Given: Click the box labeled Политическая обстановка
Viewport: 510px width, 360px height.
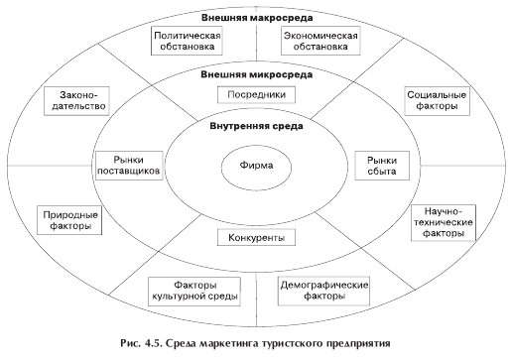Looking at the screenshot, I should coord(187,40).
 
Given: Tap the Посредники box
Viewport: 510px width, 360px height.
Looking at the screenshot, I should coord(253,94).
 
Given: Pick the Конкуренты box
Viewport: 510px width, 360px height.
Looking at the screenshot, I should coord(252,238).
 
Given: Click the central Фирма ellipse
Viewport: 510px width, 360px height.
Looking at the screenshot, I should coord(255,165).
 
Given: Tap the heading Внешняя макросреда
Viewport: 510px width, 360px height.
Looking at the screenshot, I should coord(255,16).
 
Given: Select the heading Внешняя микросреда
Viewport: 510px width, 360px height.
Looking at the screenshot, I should coord(255,74).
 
